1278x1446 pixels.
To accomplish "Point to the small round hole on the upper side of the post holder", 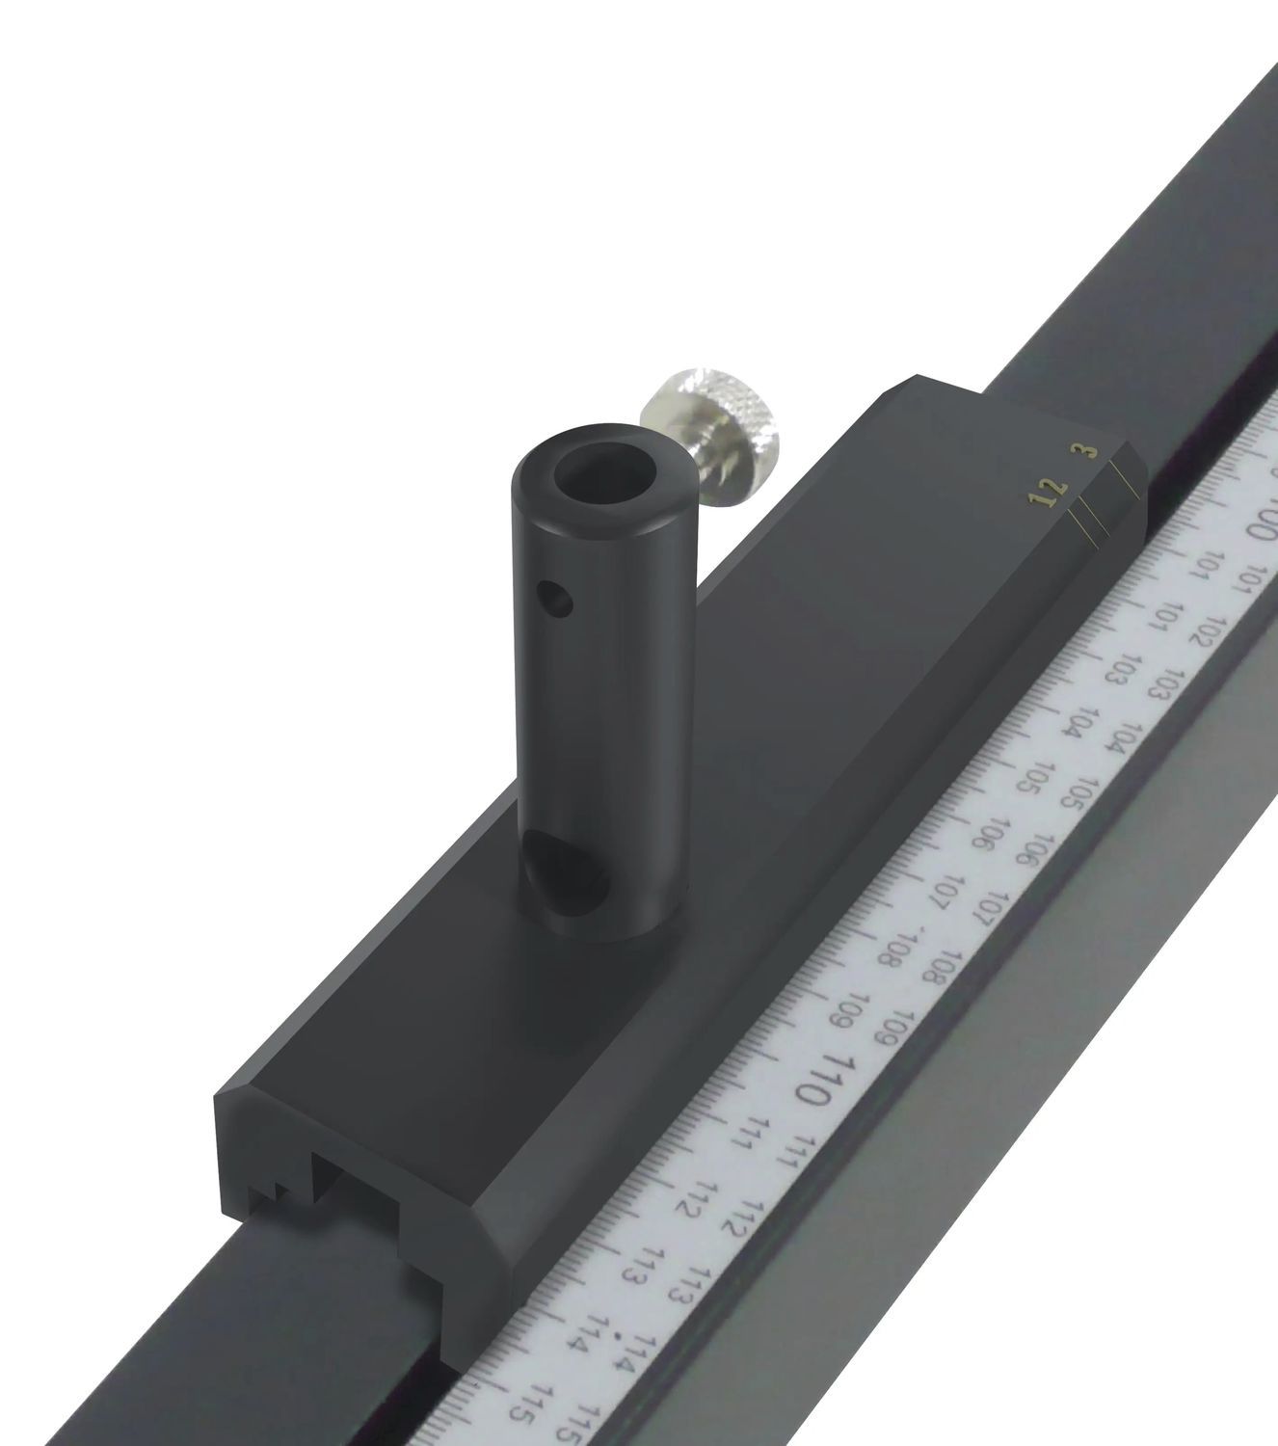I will (x=557, y=600).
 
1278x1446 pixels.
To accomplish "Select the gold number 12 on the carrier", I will (x=1049, y=492).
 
